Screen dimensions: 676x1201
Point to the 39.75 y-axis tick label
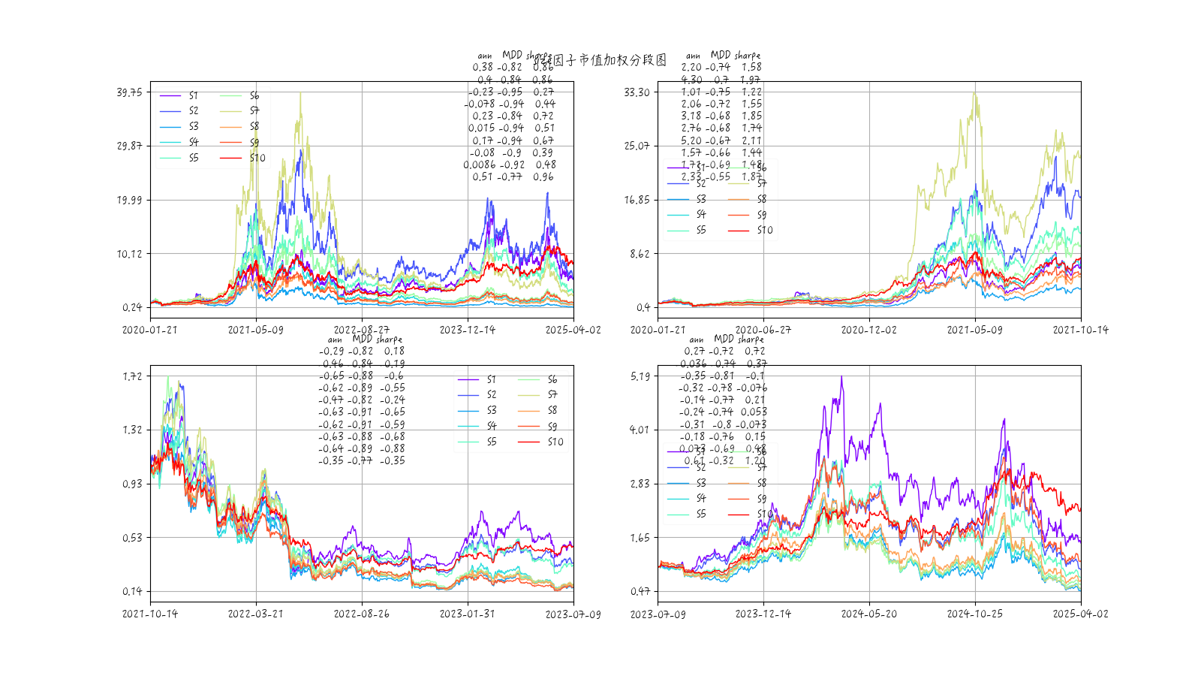(x=129, y=92)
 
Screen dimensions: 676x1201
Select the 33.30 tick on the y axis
(x=637, y=92)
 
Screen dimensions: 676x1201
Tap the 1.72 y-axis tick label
(x=132, y=376)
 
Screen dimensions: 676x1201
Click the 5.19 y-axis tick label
(x=640, y=376)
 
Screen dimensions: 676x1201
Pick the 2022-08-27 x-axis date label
(x=362, y=330)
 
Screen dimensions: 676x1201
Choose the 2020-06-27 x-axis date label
(x=763, y=330)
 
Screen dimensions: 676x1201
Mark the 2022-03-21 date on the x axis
(x=256, y=614)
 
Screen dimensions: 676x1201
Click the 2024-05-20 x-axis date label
(x=869, y=614)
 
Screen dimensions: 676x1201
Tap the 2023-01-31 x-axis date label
(x=467, y=614)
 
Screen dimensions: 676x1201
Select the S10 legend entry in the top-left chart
(x=257, y=158)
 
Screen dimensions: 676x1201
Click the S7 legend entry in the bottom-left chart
(x=552, y=394)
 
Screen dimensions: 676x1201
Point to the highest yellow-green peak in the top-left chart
(x=301, y=93)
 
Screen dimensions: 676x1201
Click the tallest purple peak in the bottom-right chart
(x=841, y=377)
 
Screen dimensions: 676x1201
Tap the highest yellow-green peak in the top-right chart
(x=974, y=93)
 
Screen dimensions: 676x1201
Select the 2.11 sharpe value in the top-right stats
(x=751, y=140)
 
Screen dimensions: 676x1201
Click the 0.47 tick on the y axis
(x=640, y=591)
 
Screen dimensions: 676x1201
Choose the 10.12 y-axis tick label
(x=129, y=254)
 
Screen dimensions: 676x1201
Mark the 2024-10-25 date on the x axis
(x=974, y=614)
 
